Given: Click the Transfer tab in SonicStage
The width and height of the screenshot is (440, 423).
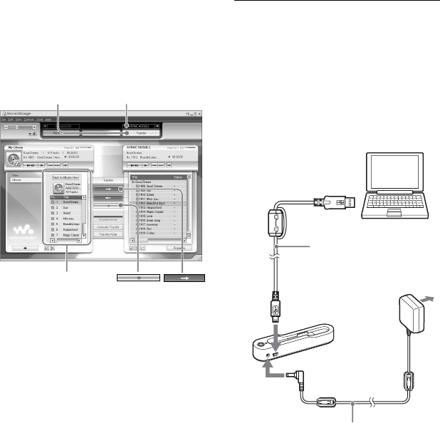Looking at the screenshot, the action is coord(139,132).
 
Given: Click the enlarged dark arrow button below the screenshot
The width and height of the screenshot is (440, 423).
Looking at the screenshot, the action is coord(184,278).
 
